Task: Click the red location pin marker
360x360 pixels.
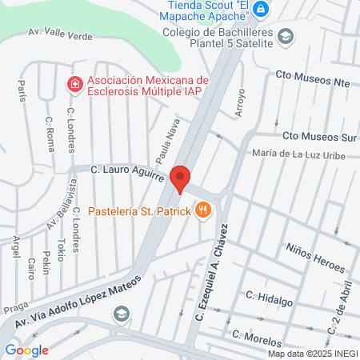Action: [x=180, y=179]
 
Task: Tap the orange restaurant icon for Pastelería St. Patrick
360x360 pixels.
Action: [x=205, y=210]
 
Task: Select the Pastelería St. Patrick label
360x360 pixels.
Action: [x=139, y=211]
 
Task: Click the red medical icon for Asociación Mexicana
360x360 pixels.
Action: [x=74, y=83]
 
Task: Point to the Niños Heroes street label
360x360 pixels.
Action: [x=317, y=257]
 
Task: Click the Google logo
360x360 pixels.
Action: [x=26, y=350]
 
